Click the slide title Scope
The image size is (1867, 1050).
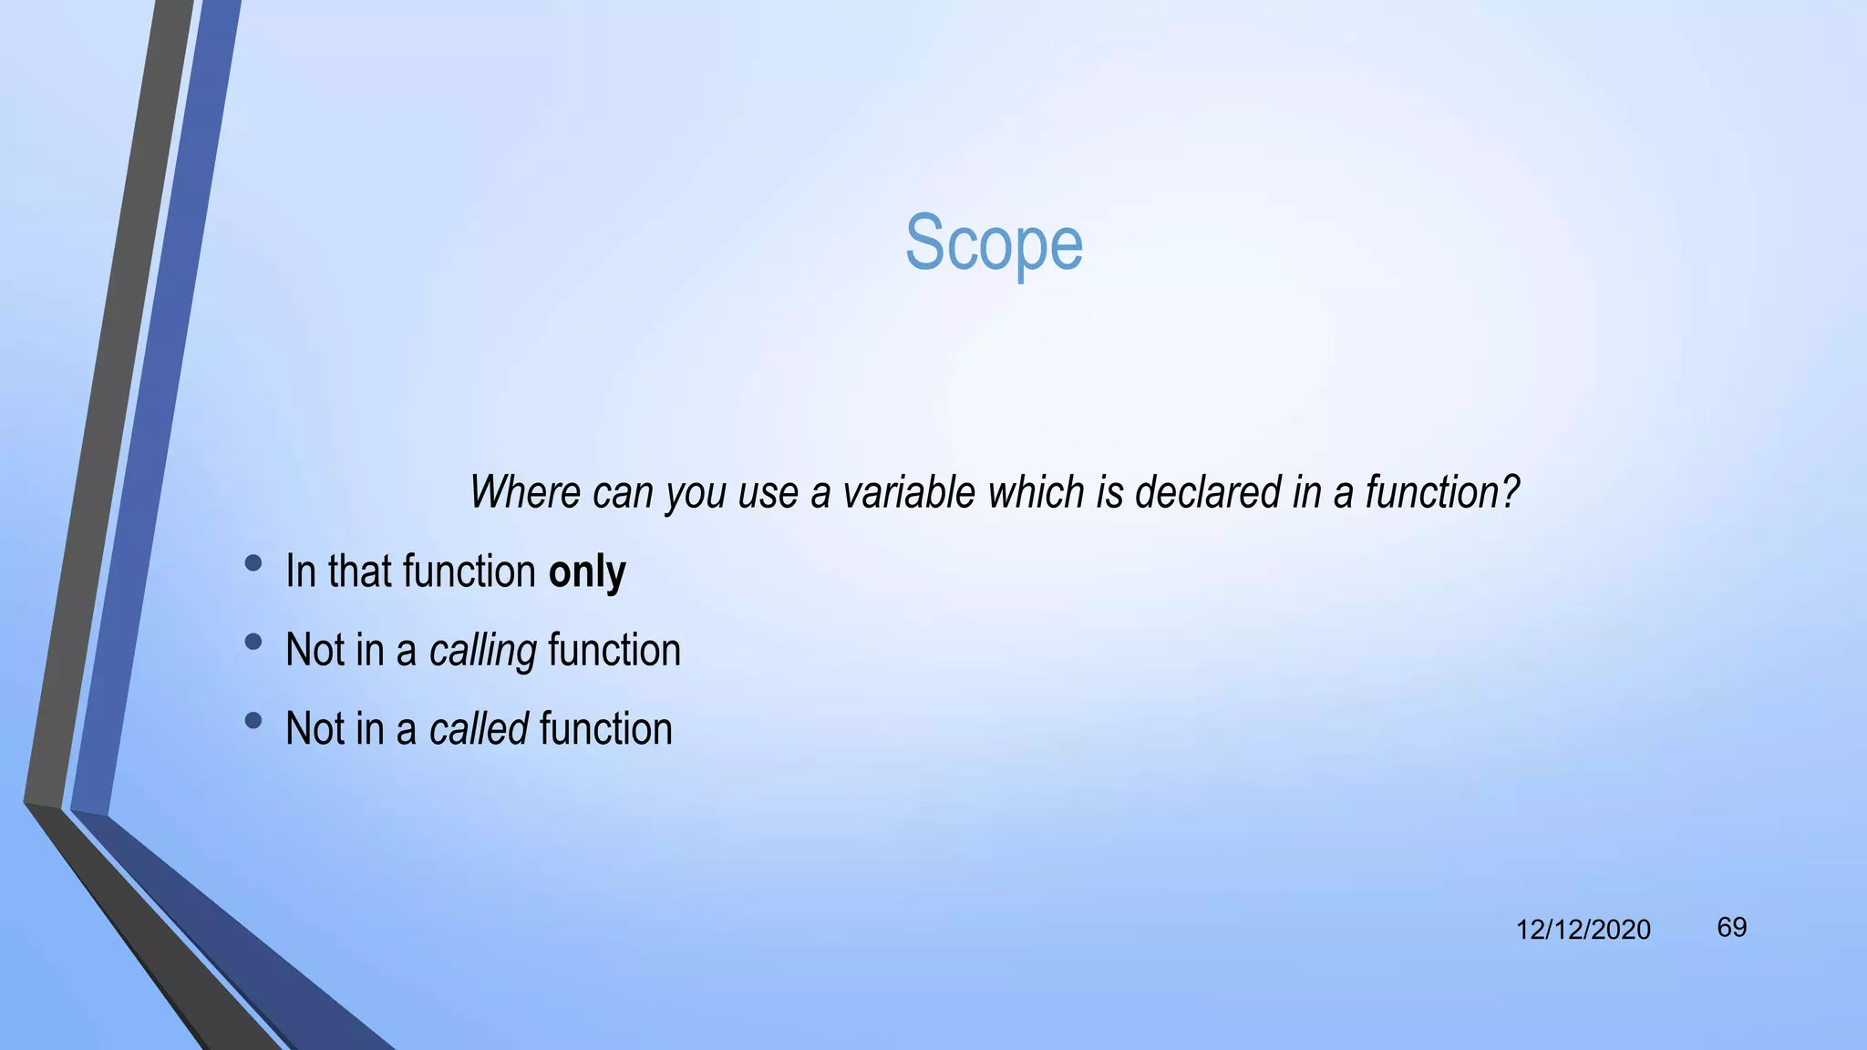coord(994,243)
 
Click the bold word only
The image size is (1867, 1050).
coord(587,572)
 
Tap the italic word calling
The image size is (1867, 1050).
coord(482,651)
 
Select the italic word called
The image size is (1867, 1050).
coord(479,729)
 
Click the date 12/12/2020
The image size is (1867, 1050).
coord(1583,930)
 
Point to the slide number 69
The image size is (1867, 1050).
coord(1731,927)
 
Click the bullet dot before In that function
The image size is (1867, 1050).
coord(253,563)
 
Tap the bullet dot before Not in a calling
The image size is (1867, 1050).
coord(253,642)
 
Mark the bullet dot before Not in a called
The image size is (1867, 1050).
coord(253,721)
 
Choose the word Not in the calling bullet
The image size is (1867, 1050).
coord(315,651)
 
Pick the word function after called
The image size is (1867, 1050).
coord(605,729)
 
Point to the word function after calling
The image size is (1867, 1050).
coord(614,651)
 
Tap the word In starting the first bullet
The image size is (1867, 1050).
coord(300,572)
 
